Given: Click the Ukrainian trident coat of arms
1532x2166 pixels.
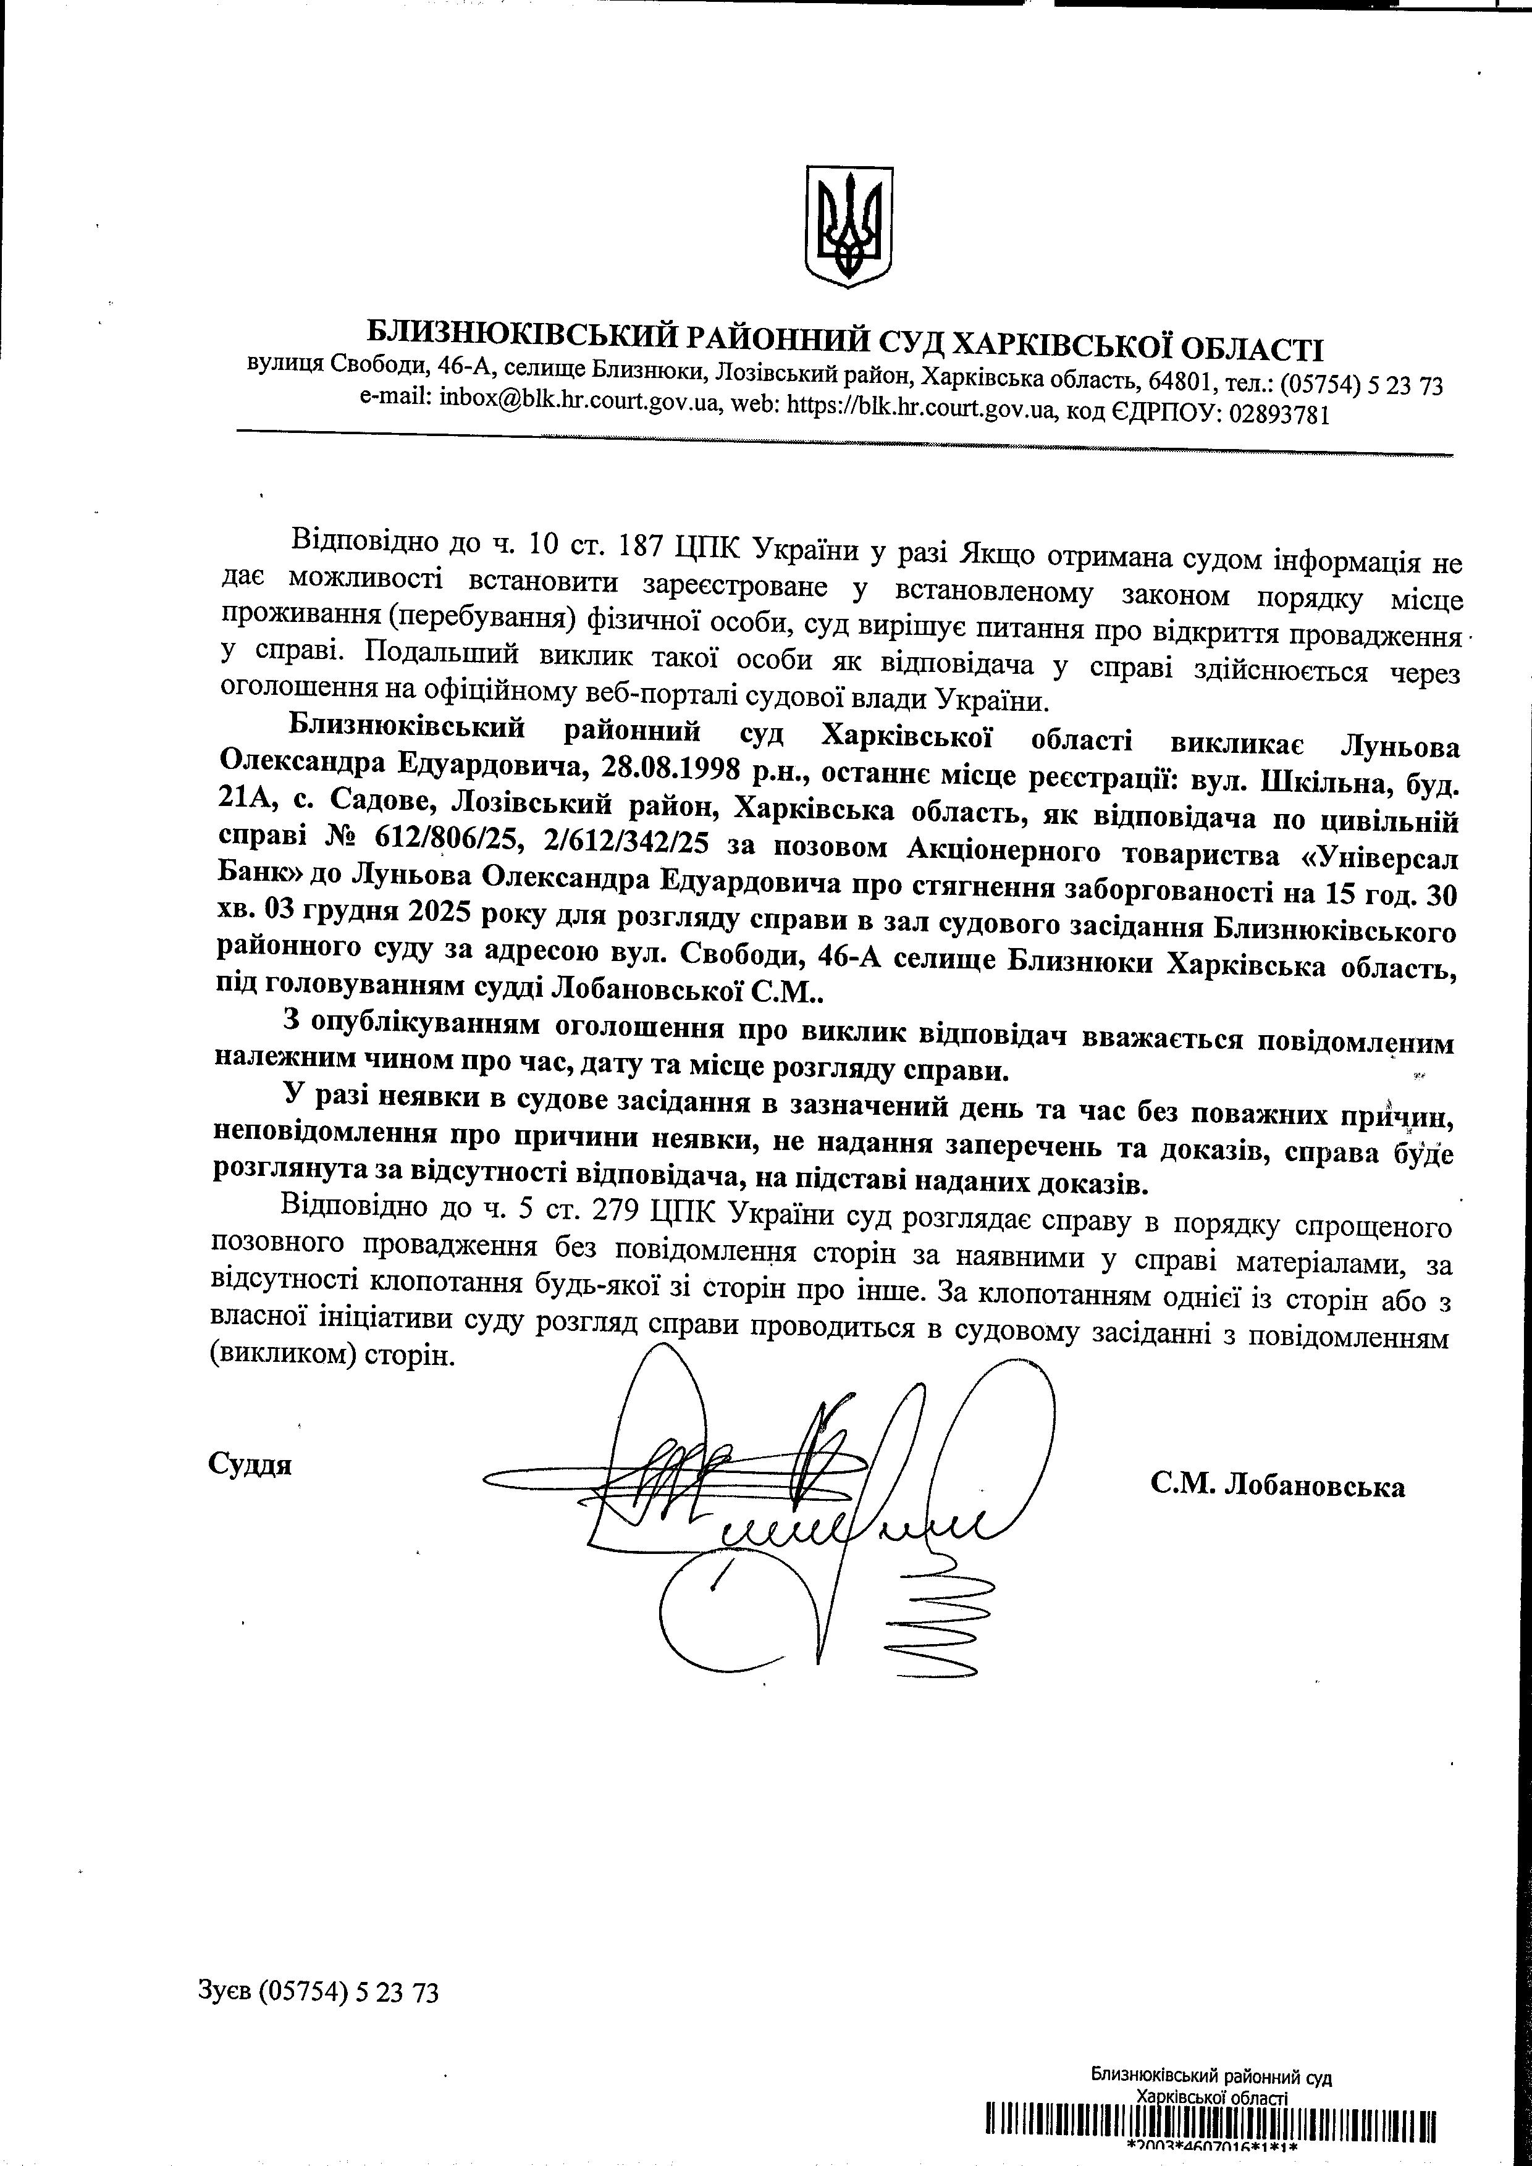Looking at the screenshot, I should coord(848,227).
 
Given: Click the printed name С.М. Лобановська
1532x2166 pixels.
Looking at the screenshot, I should coord(1277,1487).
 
